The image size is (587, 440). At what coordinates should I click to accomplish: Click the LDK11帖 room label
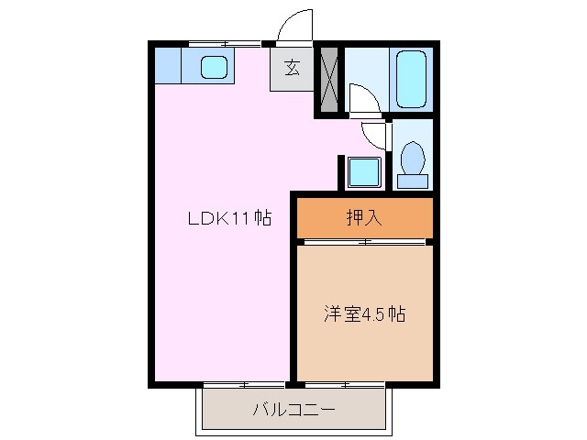pyautogui.click(x=229, y=219)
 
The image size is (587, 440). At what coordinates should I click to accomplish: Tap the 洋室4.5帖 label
pyautogui.click(x=364, y=314)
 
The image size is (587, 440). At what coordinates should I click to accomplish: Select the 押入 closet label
pyautogui.click(x=364, y=217)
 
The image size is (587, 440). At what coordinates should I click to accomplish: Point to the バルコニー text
pyautogui.click(x=293, y=410)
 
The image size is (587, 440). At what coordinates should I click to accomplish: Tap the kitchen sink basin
pyautogui.click(x=213, y=66)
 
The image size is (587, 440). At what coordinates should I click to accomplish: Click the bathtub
pyautogui.click(x=411, y=78)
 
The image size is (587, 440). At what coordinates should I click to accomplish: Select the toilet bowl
pyautogui.click(x=413, y=159)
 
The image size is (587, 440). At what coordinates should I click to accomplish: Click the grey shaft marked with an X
pyautogui.click(x=328, y=78)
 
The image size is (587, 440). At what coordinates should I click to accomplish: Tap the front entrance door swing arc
pyautogui.click(x=295, y=26)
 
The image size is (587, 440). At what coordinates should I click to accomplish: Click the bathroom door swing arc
pyautogui.click(x=361, y=96)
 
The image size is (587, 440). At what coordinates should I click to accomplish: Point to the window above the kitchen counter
pyautogui.click(x=225, y=42)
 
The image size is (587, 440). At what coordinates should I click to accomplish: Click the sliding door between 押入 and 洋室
pyautogui.click(x=364, y=242)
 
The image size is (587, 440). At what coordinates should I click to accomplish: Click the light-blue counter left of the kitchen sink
pyautogui.click(x=168, y=66)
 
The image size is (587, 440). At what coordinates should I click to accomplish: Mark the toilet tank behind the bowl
pyautogui.click(x=413, y=180)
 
